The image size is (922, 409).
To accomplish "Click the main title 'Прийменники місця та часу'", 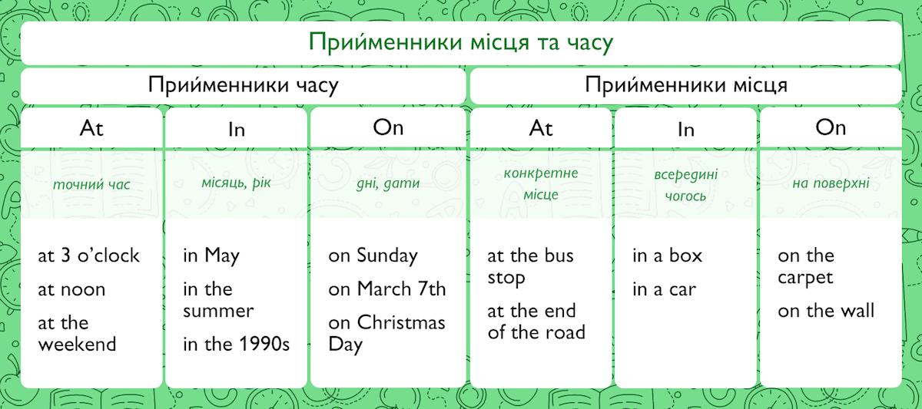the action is (461, 43).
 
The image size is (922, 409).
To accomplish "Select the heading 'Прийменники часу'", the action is (244, 85).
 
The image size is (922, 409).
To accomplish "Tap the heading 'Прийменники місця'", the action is (686, 85).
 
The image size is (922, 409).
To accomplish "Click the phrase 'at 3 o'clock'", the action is (88, 256).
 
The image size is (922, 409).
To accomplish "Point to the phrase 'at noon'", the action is (71, 290).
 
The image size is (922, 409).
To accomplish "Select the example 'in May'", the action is (211, 256).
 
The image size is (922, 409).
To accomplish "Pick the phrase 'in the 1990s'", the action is (237, 344).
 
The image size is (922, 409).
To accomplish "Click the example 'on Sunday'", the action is (373, 256).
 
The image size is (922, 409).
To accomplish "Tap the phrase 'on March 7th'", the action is (387, 289).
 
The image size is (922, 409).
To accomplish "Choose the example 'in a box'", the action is (667, 256).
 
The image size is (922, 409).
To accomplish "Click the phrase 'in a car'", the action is (665, 290).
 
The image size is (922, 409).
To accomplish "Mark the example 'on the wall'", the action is (826, 311).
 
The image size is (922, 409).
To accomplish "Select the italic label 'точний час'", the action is (91, 185).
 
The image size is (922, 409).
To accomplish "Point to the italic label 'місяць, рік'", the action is (236, 183).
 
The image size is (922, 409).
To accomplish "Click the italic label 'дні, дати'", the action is (388, 183).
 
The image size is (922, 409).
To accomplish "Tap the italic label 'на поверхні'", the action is (831, 183).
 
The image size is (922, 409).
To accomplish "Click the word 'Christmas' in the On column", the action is (401, 323).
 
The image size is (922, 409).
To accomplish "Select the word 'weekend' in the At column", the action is (78, 345).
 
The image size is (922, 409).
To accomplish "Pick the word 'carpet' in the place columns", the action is (805, 279).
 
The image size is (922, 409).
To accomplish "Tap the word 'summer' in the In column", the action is (218, 312).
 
